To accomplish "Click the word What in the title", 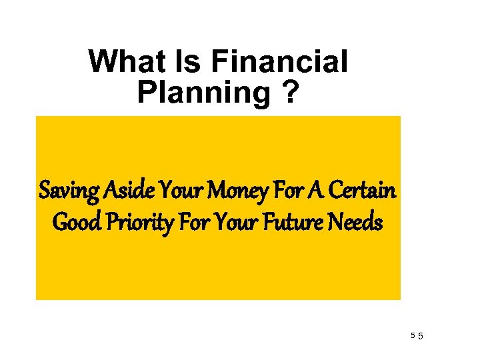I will coord(126,63).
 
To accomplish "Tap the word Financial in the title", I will coord(279,63).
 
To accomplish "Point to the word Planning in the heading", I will coord(202,92).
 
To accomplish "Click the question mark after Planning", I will coord(287,92).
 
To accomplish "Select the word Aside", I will coord(126,191).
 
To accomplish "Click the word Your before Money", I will coord(179,191).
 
